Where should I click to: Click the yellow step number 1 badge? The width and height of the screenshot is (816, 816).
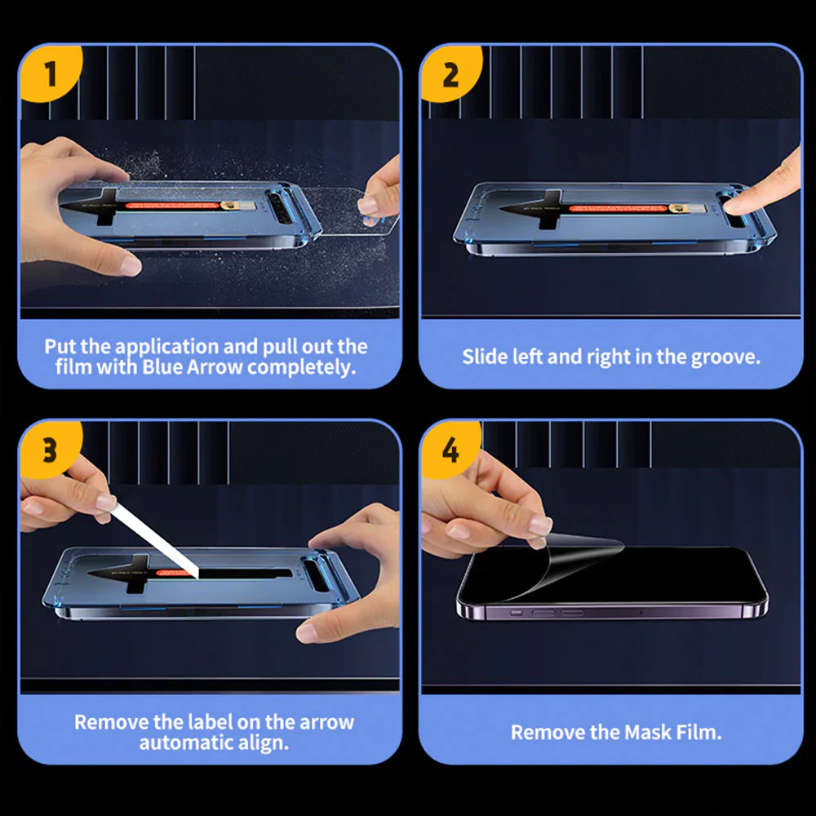[x=51, y=74]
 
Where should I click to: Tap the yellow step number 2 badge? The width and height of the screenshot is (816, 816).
[x=450, y=74]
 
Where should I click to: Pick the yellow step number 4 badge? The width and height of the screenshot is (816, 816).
[x=450, y=450]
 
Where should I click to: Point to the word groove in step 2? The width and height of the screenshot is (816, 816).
[x=726, y=357]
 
